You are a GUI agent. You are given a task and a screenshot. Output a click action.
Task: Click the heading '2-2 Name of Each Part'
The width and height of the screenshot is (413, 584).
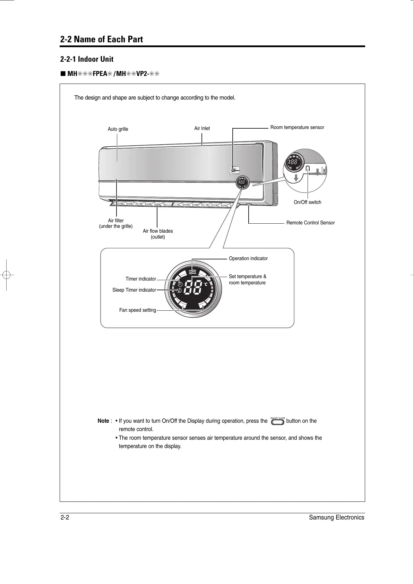pos(102,40)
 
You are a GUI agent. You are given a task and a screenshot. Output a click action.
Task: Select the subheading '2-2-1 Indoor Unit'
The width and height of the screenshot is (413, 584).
pos(87,59)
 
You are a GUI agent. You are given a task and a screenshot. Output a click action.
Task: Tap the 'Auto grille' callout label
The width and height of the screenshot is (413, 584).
pos(118,129)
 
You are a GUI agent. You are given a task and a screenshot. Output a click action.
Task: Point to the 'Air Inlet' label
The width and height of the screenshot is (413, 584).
pos(202,129)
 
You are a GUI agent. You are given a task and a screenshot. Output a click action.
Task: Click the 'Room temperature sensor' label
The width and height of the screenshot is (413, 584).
pos(297,128)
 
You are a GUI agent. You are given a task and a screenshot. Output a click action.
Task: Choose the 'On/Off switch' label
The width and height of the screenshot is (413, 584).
pos(307,202)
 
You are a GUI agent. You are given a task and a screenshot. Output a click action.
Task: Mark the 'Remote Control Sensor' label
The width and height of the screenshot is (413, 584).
pos(310,223)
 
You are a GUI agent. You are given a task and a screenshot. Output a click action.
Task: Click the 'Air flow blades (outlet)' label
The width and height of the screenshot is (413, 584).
pos(158,234)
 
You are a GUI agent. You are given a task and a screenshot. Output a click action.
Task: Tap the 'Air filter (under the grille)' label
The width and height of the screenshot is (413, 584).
pos(116,223)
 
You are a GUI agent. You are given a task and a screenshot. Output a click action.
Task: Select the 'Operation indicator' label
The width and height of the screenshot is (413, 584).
pos(248,259)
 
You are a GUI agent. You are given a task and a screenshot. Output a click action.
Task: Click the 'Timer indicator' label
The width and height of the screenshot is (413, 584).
pos(141,279)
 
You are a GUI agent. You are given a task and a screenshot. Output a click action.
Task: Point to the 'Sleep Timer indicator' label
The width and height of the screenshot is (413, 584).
pos(134,290)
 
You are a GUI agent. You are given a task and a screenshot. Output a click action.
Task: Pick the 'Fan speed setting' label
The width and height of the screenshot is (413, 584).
pos(138,310)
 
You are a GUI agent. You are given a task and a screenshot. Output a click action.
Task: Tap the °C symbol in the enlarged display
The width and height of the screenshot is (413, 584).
pos(206,284)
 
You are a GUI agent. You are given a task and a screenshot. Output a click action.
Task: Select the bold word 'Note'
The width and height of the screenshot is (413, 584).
pos(103,421)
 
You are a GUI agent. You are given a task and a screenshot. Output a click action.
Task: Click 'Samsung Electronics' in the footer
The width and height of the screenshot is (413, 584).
pos(337,518)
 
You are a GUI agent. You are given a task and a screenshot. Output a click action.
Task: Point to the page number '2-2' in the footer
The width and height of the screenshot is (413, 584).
pos(65,518)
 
